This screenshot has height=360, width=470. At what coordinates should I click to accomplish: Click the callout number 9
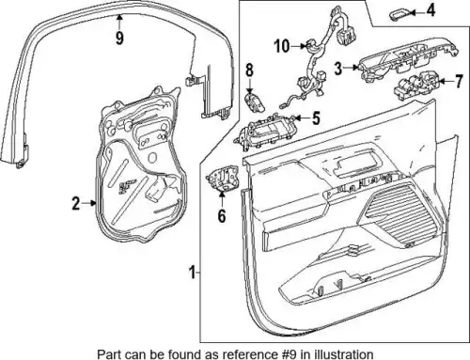tap(119, 39)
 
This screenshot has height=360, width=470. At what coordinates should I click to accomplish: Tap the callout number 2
tap(76, 203)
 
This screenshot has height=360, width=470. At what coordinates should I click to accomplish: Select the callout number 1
tap(193, 272)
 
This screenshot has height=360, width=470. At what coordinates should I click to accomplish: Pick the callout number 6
tap(222, 215)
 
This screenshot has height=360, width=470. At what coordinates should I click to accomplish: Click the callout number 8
tap(249, 70)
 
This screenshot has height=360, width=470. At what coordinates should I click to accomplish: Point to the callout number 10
tap(282, 46)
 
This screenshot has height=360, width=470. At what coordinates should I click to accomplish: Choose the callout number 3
tap(337, 69)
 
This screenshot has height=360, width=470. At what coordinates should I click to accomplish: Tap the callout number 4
tap(431, 11)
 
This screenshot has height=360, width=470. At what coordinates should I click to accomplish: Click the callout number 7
tap(459, 82)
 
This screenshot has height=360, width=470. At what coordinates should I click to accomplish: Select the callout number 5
tap(316, 118)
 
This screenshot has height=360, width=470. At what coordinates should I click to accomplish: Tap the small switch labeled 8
tap(255, 102)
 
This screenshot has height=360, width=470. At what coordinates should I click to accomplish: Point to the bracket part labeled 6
tap(223, 178)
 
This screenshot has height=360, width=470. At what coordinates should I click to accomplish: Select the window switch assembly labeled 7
tap(416, 86)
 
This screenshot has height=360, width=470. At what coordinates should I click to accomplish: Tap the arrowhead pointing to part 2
tap(93, 203)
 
